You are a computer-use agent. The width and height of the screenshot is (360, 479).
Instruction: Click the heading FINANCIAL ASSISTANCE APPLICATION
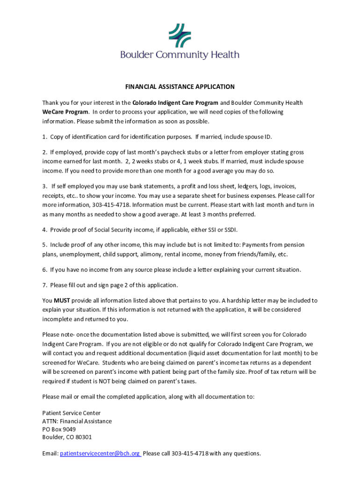coord(180,87)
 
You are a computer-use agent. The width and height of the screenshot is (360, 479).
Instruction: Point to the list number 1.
coord(44,137)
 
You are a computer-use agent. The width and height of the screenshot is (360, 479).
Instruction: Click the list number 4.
coord(44,230)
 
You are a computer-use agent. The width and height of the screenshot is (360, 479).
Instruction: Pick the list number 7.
coord(44,285)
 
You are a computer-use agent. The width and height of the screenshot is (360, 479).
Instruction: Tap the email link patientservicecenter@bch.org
coord(100,453)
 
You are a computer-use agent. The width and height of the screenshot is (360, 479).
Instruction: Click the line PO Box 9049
coord(59,429)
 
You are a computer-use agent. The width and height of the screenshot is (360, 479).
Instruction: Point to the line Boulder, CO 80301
coord(67,437)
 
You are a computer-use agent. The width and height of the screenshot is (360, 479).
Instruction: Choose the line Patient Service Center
coord(71,413)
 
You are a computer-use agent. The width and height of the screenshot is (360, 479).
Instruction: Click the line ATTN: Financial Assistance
coord(77,421)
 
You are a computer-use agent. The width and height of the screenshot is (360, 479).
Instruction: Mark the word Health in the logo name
coord(223,55)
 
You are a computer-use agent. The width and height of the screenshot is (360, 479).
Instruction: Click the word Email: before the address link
coord(50,453)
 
